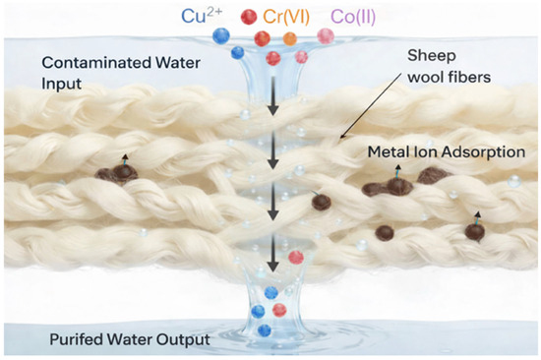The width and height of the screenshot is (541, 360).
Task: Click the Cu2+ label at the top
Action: pos(202,16)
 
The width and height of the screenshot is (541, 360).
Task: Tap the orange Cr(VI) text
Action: pos(286,17)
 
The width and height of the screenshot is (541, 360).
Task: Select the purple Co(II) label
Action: pos(353,17)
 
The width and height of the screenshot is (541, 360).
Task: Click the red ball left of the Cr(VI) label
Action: pos(249,17)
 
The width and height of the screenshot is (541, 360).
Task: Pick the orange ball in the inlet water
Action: pos(290,38)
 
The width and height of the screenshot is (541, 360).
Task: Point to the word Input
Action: pos(62,84)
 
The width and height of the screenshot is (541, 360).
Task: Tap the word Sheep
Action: pos(432,56)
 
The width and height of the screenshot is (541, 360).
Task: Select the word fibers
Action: pos(470,77)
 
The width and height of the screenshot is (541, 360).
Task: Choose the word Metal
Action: pos(385,151)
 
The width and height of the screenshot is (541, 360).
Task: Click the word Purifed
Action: pos(77,339)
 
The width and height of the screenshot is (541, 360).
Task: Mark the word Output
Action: pos(184,340)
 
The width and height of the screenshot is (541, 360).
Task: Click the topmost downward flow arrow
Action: pos(273,95)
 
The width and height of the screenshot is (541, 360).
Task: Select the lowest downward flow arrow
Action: pos(273,253)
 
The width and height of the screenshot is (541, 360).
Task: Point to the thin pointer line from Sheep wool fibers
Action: pos(371,105)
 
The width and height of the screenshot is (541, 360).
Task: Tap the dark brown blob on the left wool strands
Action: pos(117,172)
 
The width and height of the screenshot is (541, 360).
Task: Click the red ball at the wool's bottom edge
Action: pos(296,258)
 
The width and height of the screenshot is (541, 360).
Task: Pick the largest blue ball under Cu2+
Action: pos(221,35)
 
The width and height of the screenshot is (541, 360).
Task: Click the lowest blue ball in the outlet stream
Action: pos(265,330)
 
